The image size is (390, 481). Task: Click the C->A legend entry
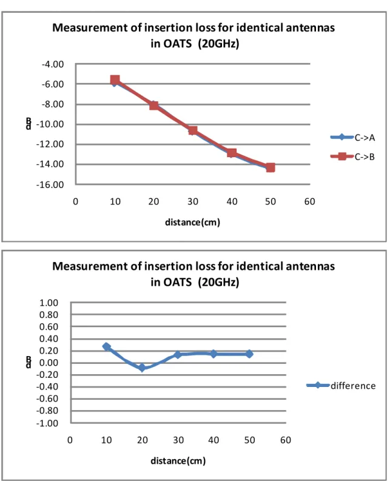click(x=353, y=138)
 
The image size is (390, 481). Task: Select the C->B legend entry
click(x=353, y=156)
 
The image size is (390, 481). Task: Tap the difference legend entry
click(x=341, y=386)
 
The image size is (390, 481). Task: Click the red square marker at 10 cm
click(x=115, y=80)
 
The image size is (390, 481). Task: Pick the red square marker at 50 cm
click(x=271, y=167)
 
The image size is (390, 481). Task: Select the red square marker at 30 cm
click(x=193, y=130)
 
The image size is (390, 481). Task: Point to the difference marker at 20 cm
click(x=142, y=367)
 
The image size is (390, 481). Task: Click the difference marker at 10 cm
click(x=106, y=346)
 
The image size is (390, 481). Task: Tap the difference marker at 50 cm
click(x=249, y=354)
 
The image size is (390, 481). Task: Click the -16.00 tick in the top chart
click(x=50, y=184)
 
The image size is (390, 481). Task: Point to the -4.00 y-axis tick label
click(x=53, y=64)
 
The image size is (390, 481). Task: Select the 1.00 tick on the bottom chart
click(x=49, y=303)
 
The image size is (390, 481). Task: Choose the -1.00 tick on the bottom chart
click(x=47, y=423)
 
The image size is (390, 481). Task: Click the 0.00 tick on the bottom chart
click(x=49, y=363)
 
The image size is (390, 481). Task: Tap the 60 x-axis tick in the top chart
click(x=309, y=201)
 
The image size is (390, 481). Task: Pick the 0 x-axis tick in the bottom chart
click(x=70, y=440)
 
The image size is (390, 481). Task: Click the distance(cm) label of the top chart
click(x=193, y=222)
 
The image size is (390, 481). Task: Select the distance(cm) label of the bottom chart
click(x=178, y=461)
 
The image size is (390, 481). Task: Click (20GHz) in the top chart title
click(x=218, y=44)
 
